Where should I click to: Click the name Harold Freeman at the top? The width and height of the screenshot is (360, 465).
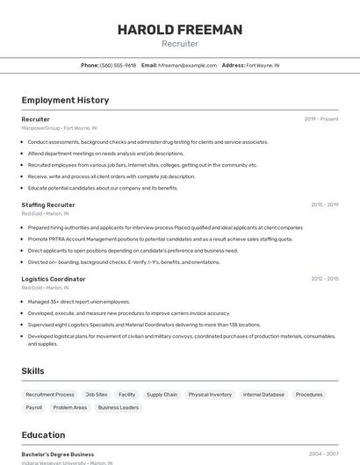coord(180,30)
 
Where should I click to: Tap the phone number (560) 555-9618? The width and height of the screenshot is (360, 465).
coord(118,65)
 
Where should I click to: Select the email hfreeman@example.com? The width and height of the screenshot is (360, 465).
coord(187,65)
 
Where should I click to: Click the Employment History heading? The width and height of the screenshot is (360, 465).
coord(65,100)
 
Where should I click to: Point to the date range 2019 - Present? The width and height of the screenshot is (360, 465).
coord(320,119)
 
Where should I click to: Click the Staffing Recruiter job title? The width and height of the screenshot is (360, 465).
coord(48,204)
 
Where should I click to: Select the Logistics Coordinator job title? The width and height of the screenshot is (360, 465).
coord(54,279)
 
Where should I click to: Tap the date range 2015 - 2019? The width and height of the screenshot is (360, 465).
coord(324,204)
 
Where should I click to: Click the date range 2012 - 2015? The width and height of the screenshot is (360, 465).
coord(324,279)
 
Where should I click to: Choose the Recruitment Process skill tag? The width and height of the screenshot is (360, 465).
coord(50,395)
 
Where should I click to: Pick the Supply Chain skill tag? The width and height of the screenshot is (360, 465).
coord(162,395)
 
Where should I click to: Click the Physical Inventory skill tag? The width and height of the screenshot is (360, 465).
coord(210,395)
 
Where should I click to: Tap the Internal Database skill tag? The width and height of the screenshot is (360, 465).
coord(263,395)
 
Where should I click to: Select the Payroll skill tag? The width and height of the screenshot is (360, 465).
coord(34,407)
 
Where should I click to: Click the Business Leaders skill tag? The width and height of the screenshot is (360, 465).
coord(118,407)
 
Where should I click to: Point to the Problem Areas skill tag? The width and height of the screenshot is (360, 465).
coord(70,407)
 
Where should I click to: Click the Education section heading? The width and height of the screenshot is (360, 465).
coord(43,435)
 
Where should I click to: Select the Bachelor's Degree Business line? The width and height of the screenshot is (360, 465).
coord(58,454)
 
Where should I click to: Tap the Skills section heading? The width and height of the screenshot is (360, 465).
coord(32,371)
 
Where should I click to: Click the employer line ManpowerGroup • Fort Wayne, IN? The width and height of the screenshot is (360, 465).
coord(59,128)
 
